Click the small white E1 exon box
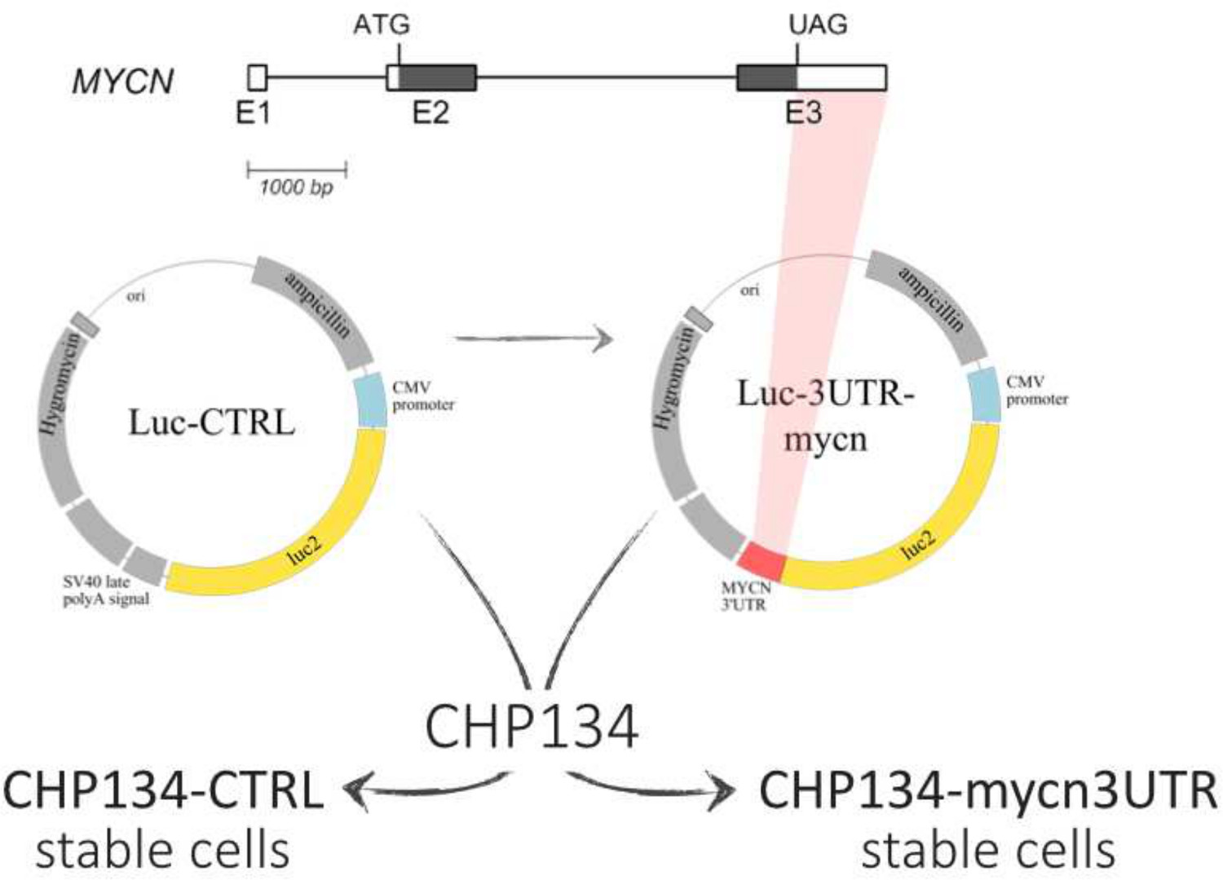[x=257, y=77]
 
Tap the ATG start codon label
[x=381, y=25]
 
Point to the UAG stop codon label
[x=818, y=25]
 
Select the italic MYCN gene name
[x=123, y=82]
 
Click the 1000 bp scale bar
[x=297, y=170]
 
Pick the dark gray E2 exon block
[x=437, y=77]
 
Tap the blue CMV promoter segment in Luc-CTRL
[x=371, y=400]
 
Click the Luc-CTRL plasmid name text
[x=211, y=422]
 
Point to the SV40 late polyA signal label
[x=106, y=590]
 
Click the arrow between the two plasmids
[x=533, y=338]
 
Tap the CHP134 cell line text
[x=532, y=726]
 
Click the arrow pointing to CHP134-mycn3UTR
[x=652, y=786]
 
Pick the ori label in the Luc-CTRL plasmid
[x=136, y=296]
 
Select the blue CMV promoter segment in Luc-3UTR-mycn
[x=985, y=394]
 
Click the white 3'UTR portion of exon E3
[x=841, y=77]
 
